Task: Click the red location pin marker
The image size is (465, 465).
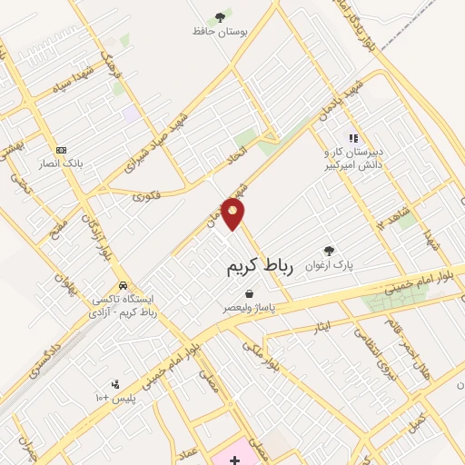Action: [x=234, y=214]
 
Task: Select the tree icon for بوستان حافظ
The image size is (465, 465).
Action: [x=220, y=17]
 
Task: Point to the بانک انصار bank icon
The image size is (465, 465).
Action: [x=61, y=150]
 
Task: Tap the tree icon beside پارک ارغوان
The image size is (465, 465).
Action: [x=329, y=251]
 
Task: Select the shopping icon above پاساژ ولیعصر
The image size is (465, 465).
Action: [x=249, y=293]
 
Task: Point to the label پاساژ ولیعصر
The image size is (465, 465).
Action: [x=249, y=308]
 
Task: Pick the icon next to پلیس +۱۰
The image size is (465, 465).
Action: [x=114, y=384]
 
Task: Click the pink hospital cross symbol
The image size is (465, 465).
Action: [x=235, y=460]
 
